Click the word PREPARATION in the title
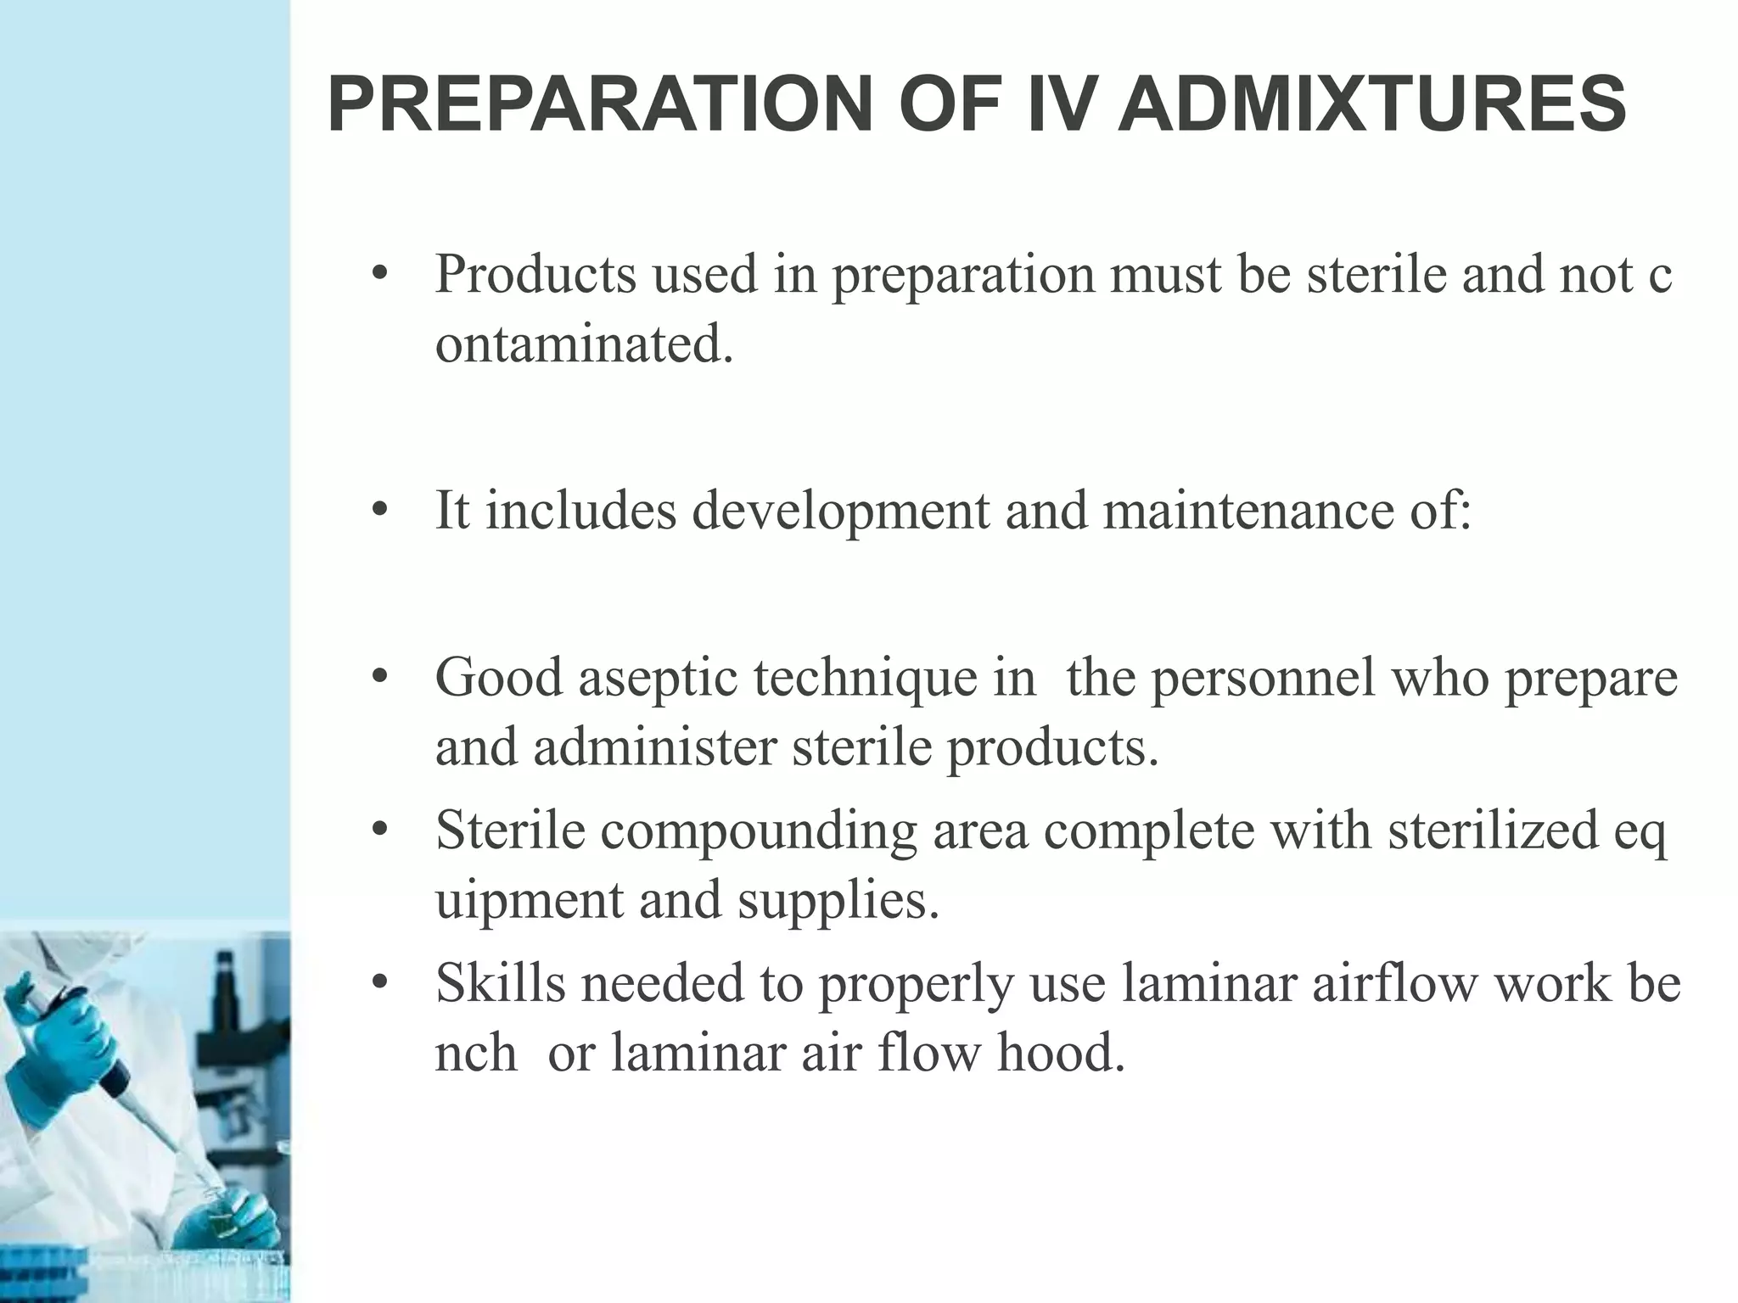(x=599, y=105)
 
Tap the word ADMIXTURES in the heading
(x=1371, y=105)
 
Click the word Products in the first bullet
(x=535, y=274)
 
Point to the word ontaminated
(x=584, y=344)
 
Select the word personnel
(x=1262, y=679)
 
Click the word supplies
(x=838, y=899)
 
